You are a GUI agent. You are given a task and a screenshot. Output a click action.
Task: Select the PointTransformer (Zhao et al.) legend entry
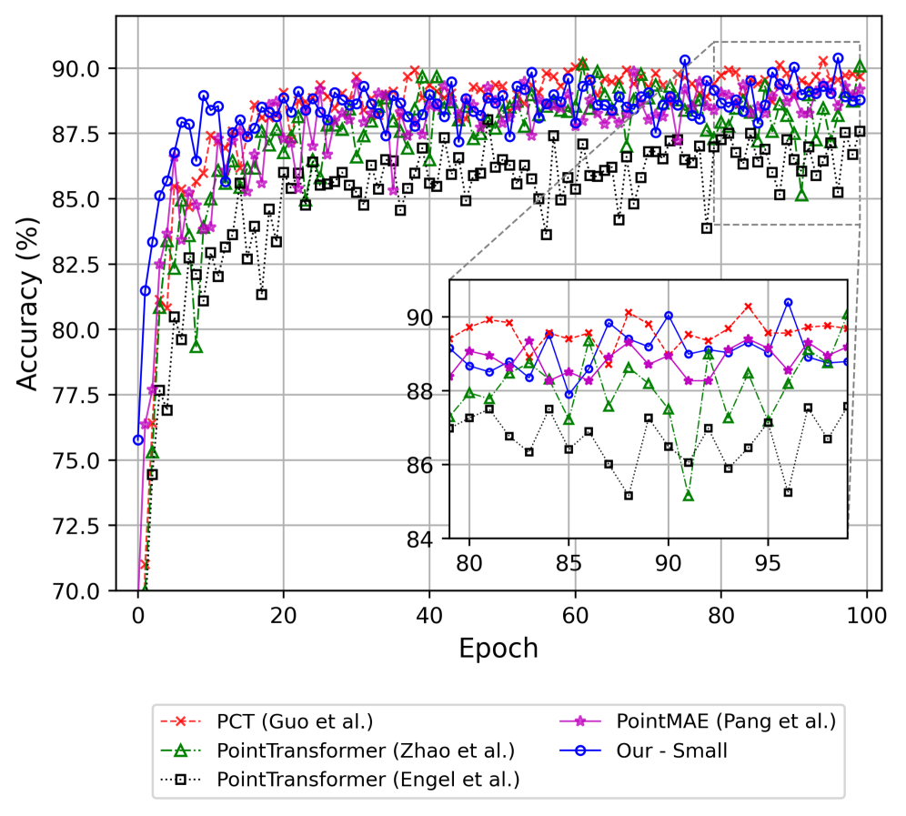click(x=367, y=751)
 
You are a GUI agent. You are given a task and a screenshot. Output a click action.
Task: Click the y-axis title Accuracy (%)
click(x=30, y=303)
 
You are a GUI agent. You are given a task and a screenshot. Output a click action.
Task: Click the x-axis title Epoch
click(x=498, y=648)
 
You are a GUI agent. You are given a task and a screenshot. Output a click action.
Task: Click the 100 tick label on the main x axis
click(x=867, y=614)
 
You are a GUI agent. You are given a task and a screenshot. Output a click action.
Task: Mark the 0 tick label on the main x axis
click(x=138, y=614)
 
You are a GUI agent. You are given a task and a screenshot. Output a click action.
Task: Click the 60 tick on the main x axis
click(x=575, y=614)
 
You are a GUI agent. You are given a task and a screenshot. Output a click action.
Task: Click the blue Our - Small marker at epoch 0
click(x=138, y=439)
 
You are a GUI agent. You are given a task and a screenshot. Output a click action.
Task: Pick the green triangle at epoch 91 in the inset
click(x=689, y=496)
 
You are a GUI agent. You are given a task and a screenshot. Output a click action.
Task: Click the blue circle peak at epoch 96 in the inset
click(x=788, y=302)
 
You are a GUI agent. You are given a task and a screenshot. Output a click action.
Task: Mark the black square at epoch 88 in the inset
click(x=629, y=496)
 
